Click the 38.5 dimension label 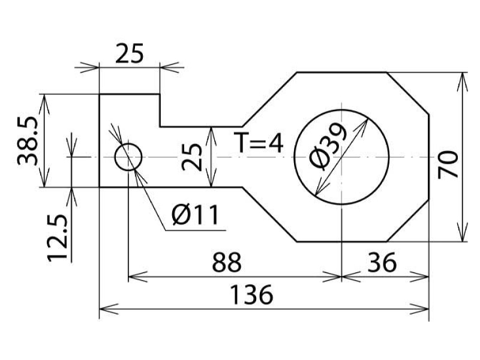pos(28,141)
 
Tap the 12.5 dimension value pos(57,238)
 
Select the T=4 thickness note pos(259,142)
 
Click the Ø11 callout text pos(196,215)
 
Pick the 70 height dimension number pos(448,164)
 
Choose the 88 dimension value pos(227,262)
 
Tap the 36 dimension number pos(382,262)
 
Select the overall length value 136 pos(251,295)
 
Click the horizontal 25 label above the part pos(130,53)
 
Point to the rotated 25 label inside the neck pos(192,157)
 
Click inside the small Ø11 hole pos(128,157)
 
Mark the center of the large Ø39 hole pos(341,157)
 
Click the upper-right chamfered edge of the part pos(408,94)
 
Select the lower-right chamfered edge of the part pos(408,220)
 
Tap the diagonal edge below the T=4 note pos(269,214)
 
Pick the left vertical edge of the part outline pos(99,140)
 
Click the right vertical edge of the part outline pos(428,157)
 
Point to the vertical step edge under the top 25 pos(160,110)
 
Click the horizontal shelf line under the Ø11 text pos(196,230)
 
